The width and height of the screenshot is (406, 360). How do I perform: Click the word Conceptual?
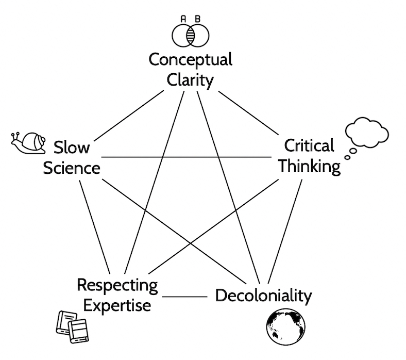pyautogui.click(x=191, y=60)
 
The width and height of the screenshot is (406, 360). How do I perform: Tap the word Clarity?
pyautogui.click(x=191, y=80)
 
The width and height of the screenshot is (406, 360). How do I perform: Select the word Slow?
pyautogui.click(x=72, y=148)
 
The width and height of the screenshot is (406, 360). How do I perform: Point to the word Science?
pyautogui.click(x=71, y=168)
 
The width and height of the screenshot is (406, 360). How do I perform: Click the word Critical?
pyautogui.click(x=309, y=146)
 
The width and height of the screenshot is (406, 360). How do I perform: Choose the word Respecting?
pyautogui.click(x=117, y=285)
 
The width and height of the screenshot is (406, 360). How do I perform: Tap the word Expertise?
pyautogui.click(x=117, y=305)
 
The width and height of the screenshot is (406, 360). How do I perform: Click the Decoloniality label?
pyautogui.click(x=263, y=296)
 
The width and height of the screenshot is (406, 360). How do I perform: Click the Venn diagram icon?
pyautogui.click(x=190, y=35)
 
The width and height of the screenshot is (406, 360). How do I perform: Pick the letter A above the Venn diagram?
pyautogui.click(x=183, y=19)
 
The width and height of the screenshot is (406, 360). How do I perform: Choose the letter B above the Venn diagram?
pyautogui.click(x=197, y=19)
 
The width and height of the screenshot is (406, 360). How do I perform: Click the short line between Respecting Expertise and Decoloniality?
pyautogui.click(x=184, y=297)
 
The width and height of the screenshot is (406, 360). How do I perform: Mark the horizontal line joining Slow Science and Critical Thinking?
pyautogui.click(x=185, y=157)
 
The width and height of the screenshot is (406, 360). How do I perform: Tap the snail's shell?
pyautogui.click(x=34, y=141)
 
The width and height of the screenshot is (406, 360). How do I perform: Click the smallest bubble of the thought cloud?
pyautogui.click(x=347, y=157)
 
